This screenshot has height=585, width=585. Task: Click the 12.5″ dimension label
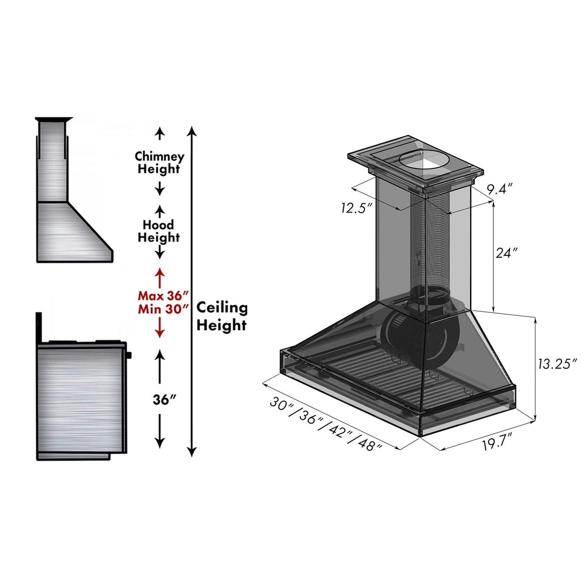357,208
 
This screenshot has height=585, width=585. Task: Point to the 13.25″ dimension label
557,364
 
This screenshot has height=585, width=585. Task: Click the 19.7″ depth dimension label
497,442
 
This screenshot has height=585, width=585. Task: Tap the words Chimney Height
159,163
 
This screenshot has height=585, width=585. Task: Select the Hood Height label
159,231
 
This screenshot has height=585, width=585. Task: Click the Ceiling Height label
222,316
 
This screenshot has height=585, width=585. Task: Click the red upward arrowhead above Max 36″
160,273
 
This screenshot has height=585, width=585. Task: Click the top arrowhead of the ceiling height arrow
192,131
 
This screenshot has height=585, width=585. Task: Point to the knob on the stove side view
130,356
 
